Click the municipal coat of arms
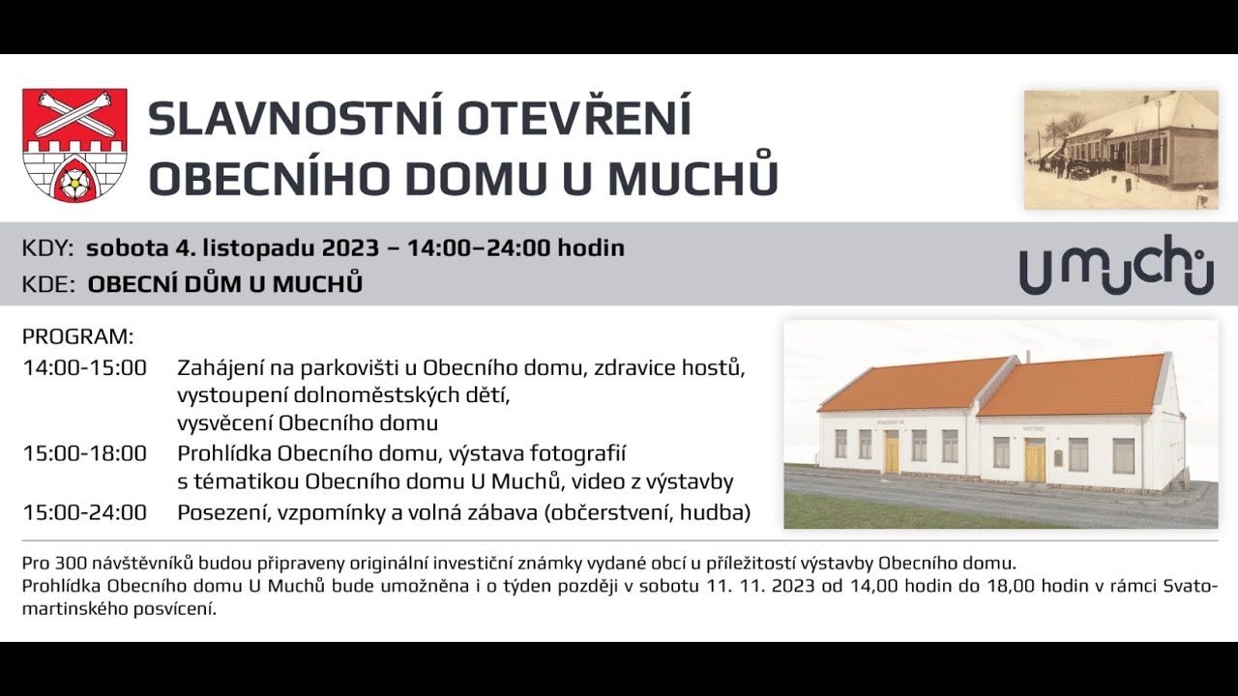tap(74, 145)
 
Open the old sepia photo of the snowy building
tap(1121, 150)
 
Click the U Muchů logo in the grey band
tap(1116, 265)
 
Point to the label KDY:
tap(47, 248)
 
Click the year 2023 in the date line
tap(350, 248)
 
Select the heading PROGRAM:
tap(77, 337)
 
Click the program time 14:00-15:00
tap(84, 368)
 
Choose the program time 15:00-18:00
tap(84, 454)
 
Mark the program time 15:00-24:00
tap(84, 513)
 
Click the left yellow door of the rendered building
tap(891, 451)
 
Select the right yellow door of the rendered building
tap(1034, 460)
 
